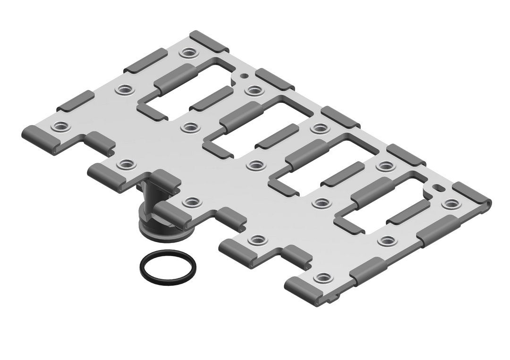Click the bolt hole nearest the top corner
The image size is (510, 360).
[189, 52]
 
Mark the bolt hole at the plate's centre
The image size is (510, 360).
[255, 165]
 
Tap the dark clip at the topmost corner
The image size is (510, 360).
[209, 42]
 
